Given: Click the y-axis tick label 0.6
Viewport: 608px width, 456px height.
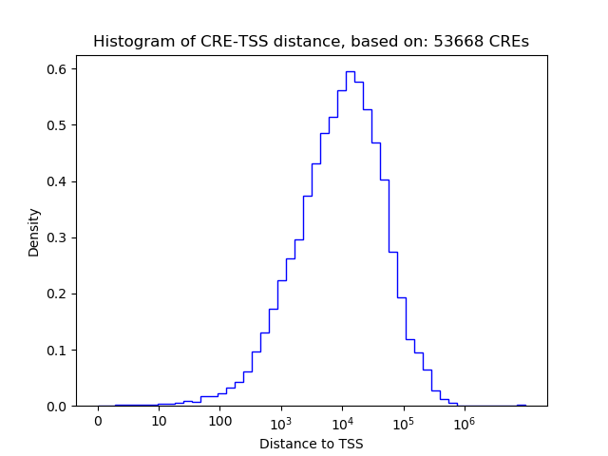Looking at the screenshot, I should click(60, 69).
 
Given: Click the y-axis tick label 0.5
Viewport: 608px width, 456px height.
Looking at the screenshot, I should click(60, 125).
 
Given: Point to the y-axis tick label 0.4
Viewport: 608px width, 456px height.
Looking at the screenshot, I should click(60, 181).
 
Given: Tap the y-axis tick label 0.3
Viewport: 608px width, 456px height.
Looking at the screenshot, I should click(60, 237).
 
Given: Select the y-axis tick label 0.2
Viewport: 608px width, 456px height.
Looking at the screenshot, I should click(60, 294).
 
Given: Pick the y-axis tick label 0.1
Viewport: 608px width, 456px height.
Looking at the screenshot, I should click(60, 350).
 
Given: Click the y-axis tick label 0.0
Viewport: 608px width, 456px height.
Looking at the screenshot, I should click(60, 406).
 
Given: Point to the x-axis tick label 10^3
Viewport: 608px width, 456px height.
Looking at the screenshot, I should click(281, 421).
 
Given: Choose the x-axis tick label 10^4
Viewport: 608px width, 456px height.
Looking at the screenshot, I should click(342, 421).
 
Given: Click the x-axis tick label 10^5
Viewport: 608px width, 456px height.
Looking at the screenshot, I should click(403, 421).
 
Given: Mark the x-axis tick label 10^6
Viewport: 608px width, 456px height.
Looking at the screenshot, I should click(464, 421).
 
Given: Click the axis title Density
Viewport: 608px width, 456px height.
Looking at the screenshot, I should click(34, 232).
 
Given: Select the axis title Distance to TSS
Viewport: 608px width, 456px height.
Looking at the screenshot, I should click(312, 444).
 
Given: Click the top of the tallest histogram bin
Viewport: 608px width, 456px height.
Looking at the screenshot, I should click(351, 71).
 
